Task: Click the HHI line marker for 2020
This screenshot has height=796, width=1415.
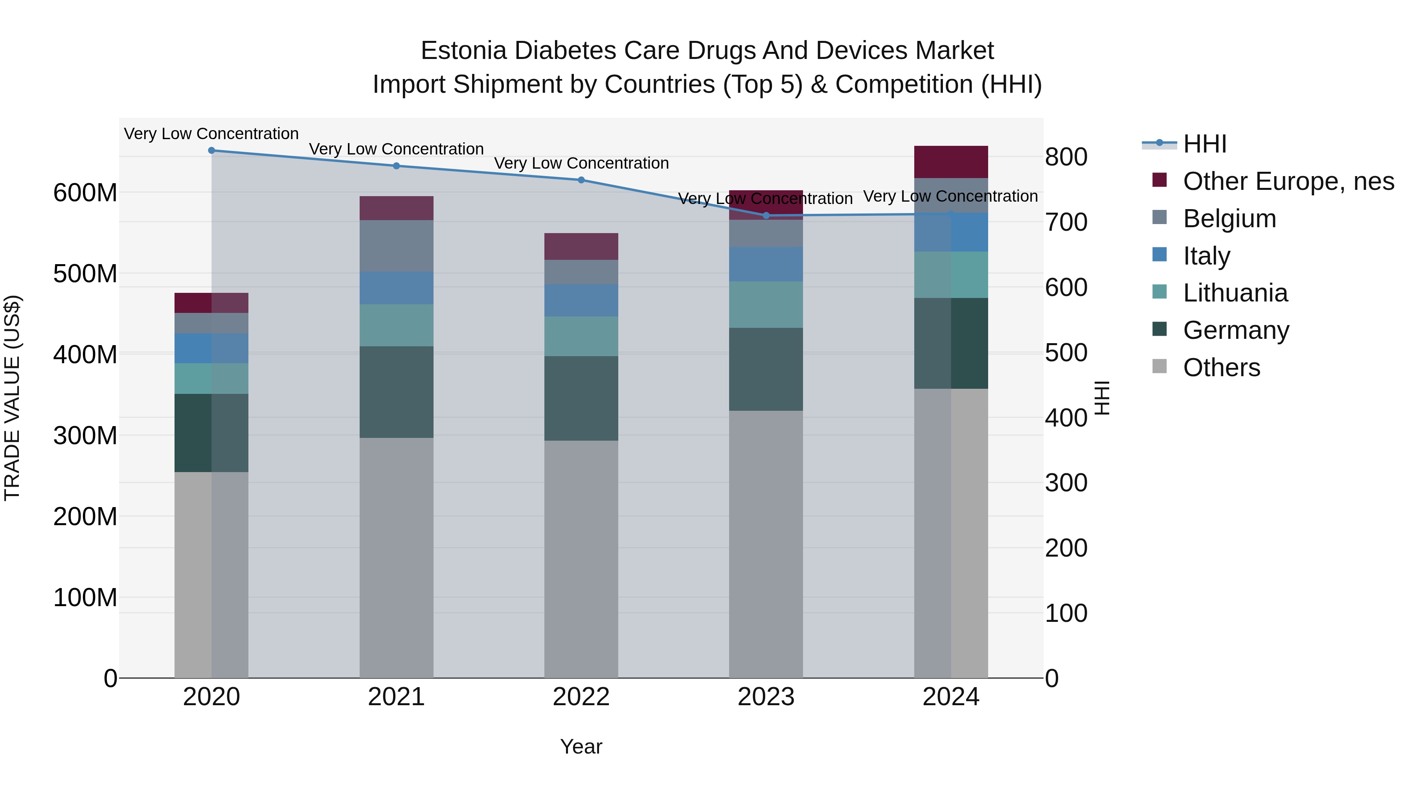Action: point(211,151)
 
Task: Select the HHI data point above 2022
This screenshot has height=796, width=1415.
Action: point(581,180)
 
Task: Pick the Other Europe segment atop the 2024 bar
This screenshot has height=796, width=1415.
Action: point(951,162)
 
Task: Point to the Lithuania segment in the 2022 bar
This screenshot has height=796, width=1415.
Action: point(581,336)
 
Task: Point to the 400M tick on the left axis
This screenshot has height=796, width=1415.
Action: point(85,354)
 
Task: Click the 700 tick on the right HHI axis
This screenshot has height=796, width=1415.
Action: point(1066,222)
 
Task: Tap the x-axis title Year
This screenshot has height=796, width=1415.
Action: point(581,746)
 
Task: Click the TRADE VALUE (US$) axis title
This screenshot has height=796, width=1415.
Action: point(12,398)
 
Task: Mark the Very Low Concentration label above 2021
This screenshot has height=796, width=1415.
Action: point(396,149)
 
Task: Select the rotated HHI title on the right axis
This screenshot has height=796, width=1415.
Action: point(1102,398)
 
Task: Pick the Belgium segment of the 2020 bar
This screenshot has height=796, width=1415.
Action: point(211,323)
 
